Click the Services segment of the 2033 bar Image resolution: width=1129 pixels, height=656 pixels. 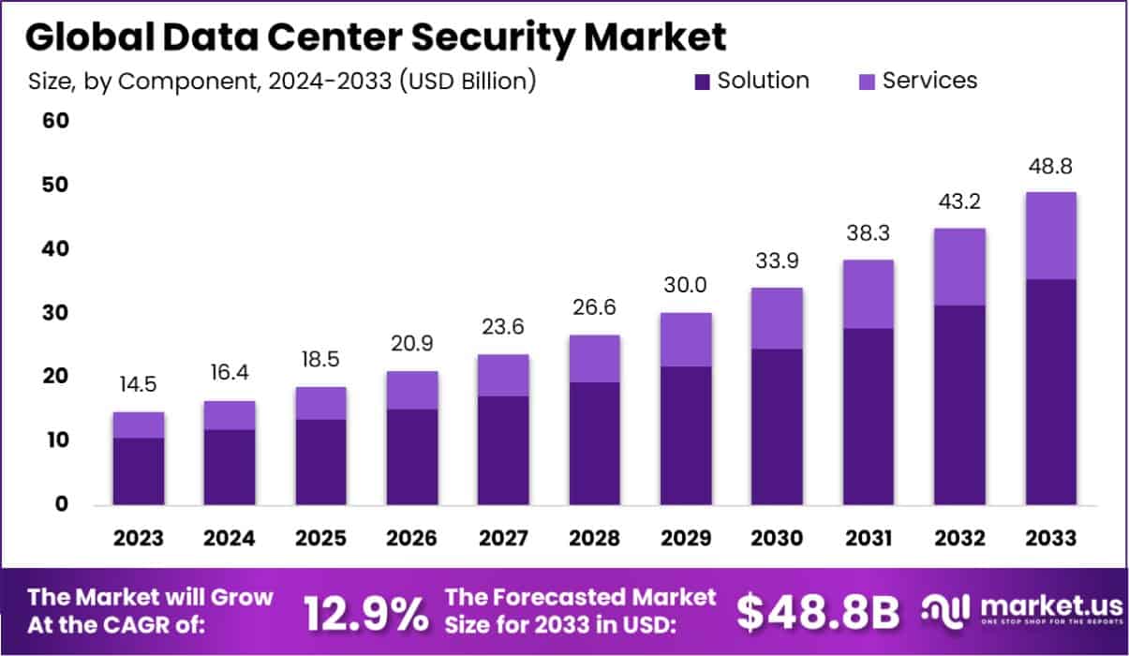(x=1050, y=235)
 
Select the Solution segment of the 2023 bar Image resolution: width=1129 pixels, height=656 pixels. (x=139, y=471)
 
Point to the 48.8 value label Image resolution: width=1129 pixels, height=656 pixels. (x=1050, y=167)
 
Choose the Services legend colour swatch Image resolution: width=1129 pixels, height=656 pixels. (x=868, y=82)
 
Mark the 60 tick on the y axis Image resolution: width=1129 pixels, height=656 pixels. (x=54, y=122)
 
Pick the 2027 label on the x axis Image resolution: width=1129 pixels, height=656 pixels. (x=502, y=539)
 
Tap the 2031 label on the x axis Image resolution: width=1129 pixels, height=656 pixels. (x=868, y=539)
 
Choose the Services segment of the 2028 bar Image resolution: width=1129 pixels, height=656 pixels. (x=594, y=358)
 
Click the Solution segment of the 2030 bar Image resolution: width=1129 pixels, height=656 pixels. (x=777, y=427)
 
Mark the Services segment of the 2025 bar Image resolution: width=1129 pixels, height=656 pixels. (x=320, y=403)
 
